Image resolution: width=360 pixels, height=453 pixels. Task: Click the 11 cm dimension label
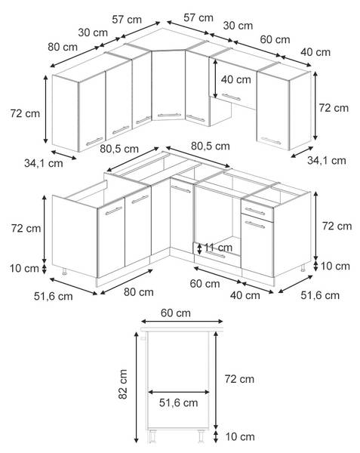tap(218, 248)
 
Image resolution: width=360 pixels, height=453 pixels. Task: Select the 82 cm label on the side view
tap(123, 384)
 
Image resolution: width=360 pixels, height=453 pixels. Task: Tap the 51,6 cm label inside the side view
tap(178, 402)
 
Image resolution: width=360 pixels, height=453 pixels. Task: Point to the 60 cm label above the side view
tap(176, 313)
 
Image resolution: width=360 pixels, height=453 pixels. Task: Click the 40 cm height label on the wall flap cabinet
tap(236, 79)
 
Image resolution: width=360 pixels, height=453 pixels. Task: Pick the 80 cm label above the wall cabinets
tap(63, 47)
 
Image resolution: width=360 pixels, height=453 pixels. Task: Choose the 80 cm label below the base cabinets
tap(139, 291)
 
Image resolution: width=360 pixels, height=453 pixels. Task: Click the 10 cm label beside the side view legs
tap(240, 437)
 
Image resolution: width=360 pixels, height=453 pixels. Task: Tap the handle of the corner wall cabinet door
tap(169, 115)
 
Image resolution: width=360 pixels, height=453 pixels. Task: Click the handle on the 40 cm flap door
tap(231, 97)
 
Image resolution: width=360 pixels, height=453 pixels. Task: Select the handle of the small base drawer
tap(255, 211)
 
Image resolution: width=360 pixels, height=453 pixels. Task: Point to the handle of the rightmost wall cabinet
tap(271, 140)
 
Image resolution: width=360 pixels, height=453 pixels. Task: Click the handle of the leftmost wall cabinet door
tap(94, 142)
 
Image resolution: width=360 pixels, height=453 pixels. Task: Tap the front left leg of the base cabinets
tap(64, 271)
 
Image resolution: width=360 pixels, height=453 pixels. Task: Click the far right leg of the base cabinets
tap(303, 268)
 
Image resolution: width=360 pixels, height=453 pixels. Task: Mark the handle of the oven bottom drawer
tap(215, 255)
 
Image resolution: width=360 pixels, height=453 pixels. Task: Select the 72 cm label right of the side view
tap(239, 379)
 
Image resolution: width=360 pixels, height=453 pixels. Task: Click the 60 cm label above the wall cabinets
tap(275, 39)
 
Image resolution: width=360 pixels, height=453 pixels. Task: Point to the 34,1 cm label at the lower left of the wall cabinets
tap(44, 163)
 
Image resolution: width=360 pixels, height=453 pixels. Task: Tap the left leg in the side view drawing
tap(152, 436)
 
